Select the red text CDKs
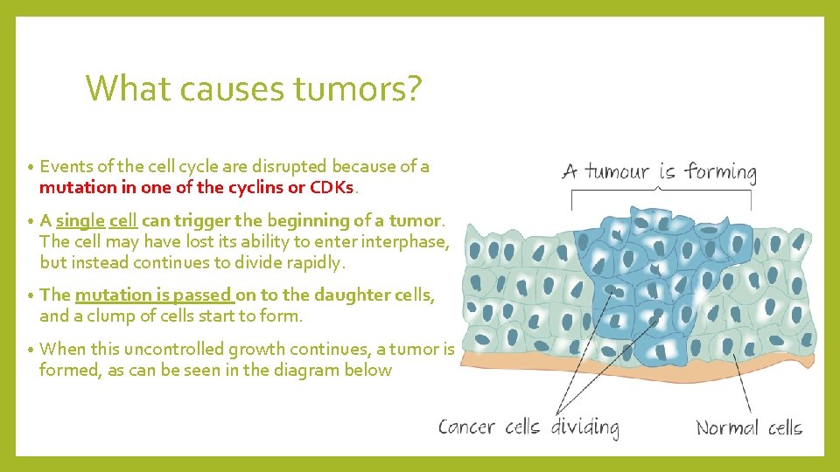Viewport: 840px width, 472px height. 332,187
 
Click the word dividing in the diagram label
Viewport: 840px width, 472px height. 584,427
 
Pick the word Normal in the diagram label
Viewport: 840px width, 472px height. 727,427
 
